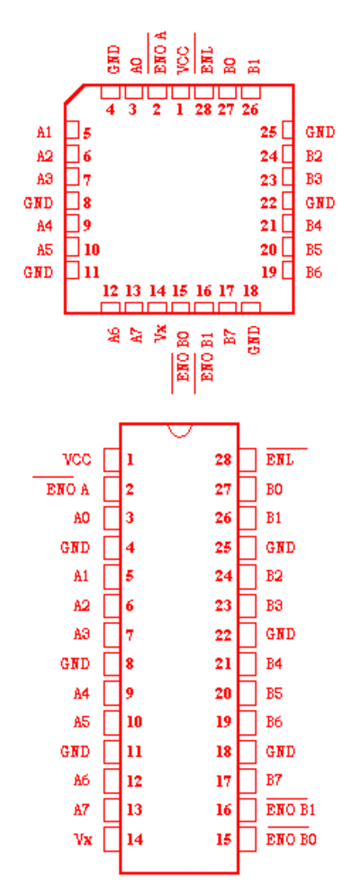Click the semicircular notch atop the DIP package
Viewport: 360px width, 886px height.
(180, 432)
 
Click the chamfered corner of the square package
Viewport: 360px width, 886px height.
(75, 94)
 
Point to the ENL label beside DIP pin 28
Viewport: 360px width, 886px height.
(280, 459)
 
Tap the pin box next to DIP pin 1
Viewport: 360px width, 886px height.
(112, 459)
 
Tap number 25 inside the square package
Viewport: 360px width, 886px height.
(268, 132)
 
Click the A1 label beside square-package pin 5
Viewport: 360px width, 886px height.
(44, 132)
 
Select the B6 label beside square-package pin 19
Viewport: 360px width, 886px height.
(314, 272)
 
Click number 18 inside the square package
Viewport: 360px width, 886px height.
(250, 292)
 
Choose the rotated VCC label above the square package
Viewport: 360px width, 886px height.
(181, 60)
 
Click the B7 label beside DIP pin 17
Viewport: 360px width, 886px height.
(274, 781)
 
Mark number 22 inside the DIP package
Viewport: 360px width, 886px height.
(223, 635)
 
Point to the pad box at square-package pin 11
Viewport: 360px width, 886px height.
(72, 271)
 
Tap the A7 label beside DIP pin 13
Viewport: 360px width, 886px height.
(81, 810)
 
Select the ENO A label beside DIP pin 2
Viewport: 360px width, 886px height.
(67, 489)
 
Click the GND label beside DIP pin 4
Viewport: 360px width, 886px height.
(76, 547)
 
